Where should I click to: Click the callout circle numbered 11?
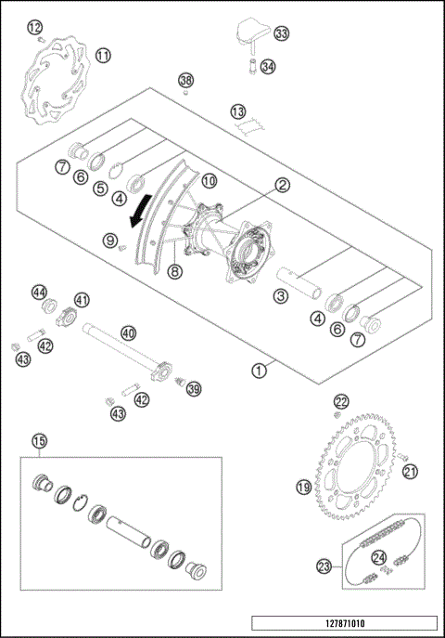pyautogui.click(x=103, y=56)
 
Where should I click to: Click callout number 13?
pyautogui.click(x=238, y=111)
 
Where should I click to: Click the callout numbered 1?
pyautogui.click(x=259, y=370)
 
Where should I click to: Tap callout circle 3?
pyautogui.click(x=279, y=297)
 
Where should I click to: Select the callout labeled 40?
pyautogui.click(x=128, y=332)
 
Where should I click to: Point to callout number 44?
pyautogui.click(x=39, y=292)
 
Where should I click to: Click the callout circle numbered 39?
pyautogui.click(x=194, y=388)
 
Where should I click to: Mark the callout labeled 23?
pyautogui.click(x=324, y=564)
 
